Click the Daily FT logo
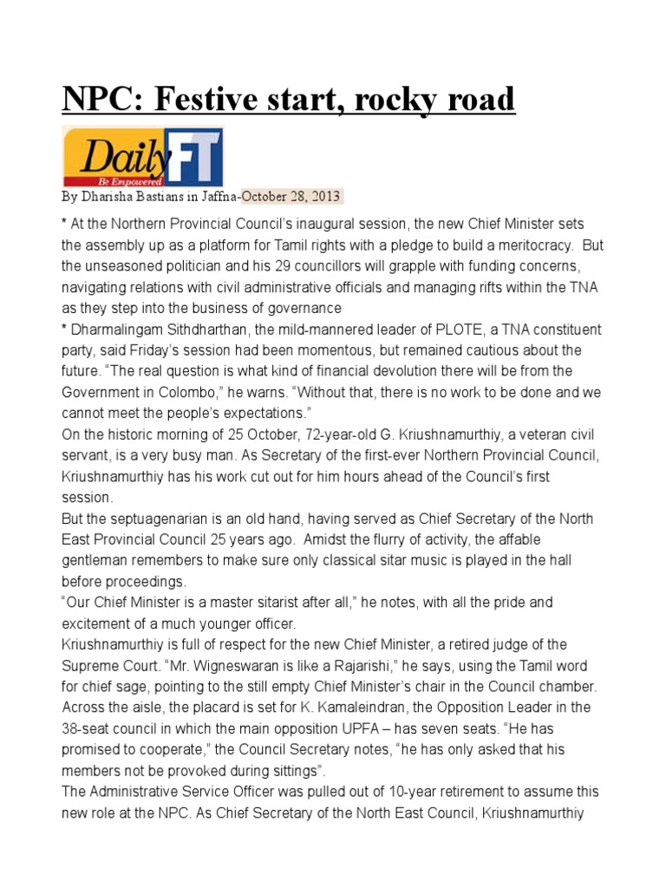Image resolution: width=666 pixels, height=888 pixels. (x=142, y=157)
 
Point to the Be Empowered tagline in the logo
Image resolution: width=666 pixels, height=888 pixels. (x=121, y=182)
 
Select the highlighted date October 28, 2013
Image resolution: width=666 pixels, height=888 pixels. (x=291, y=196)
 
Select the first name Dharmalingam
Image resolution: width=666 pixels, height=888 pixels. (x=117, y=329)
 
